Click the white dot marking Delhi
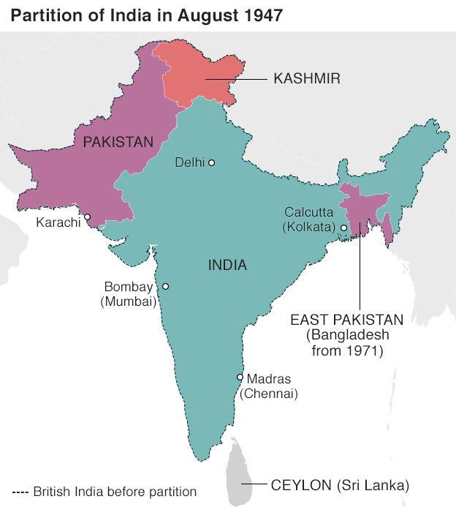click(x=211, y=162)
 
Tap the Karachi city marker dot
click(x=87, y=217)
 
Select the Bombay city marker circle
click(x=165, y=287)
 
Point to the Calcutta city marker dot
click(x=343, y=228)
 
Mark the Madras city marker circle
click(x=240, y=378)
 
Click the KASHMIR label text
click(x=307, y=78)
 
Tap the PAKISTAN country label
click(x=118, y=142)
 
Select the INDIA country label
click(x=227, y=265)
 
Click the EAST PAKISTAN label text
click(x=346, y=320)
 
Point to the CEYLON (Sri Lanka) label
click(x=340, y=484)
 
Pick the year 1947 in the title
click(x=262, y=15)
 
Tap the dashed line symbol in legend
click(x=20, y=491)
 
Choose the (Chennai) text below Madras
click(x=268, y=393)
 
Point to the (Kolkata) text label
click(x=308, y=228)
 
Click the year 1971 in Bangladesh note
click(x=369, y=350)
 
